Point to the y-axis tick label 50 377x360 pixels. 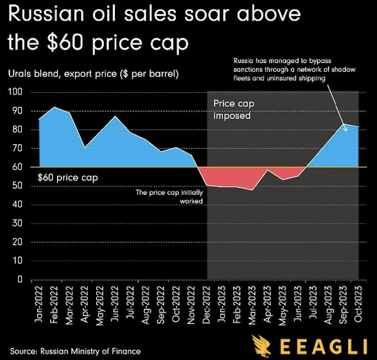pyautogui.click(x=18, y=186)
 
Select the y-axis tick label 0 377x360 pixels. pyautogui.click(x=20, y=279)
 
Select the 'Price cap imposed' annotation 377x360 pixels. pyautogui.click(x=234, y=110)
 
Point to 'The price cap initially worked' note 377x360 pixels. pyautogui.click(x=170, y=197)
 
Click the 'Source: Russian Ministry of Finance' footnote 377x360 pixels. pyautogui.click(x=75, y=351)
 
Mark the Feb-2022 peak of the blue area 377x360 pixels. pyautogui.click(x=55, y=107)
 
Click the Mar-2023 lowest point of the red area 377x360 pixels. pyautogui.click(x=252, y=190)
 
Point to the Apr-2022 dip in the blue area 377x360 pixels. pyautogui.click(x=85, y=147)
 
